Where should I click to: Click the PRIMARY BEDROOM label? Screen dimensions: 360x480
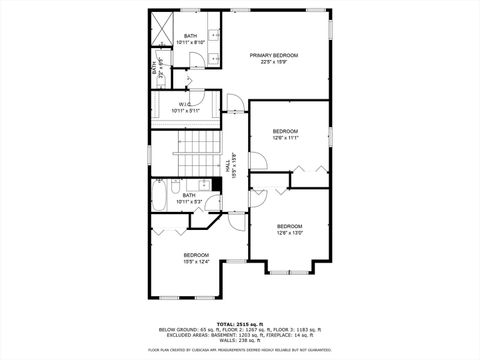coord(275,54)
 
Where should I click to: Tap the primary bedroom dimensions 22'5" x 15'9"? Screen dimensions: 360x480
coord(275,62)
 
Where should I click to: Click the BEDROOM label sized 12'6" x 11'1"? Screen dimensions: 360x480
coord(286,131)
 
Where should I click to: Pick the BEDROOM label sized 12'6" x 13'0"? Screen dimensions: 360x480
coord(289,225)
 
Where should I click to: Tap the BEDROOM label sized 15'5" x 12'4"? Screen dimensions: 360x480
coord(196,255)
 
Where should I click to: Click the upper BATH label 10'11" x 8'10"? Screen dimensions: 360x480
coord(190,37)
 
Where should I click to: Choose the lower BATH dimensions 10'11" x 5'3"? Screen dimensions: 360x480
coord(189,202)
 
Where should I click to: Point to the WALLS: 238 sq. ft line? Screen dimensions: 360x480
coord(239,341)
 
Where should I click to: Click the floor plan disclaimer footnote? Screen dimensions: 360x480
coord(239,350)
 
